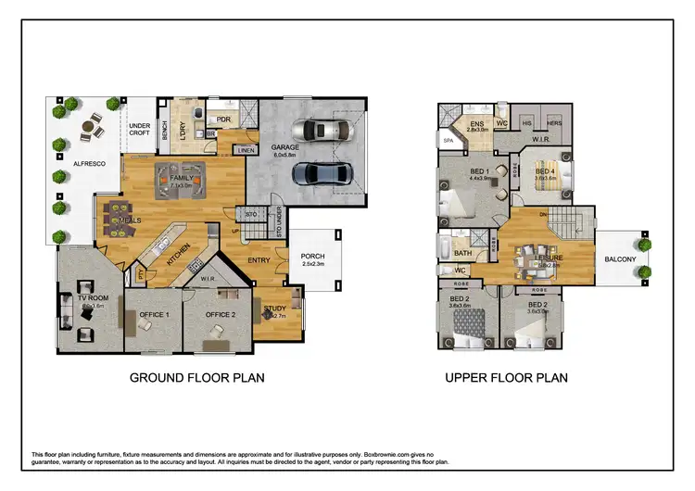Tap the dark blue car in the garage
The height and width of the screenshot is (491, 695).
(318, 173)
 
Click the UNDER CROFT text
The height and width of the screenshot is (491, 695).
(139, 130)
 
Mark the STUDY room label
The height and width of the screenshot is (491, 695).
(274, 308)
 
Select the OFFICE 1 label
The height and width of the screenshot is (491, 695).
(154, 315)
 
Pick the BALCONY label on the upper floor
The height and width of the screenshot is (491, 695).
(621, 260)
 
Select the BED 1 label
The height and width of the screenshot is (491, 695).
(479, 171)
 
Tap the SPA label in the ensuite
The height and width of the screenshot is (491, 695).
(449, 141)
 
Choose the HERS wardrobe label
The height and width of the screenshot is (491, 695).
(554, 123)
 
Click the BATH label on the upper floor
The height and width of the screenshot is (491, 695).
(463, 252)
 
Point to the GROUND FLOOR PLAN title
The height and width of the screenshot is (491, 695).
(196, 378)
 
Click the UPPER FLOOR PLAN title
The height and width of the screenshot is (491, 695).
(506, 378)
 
